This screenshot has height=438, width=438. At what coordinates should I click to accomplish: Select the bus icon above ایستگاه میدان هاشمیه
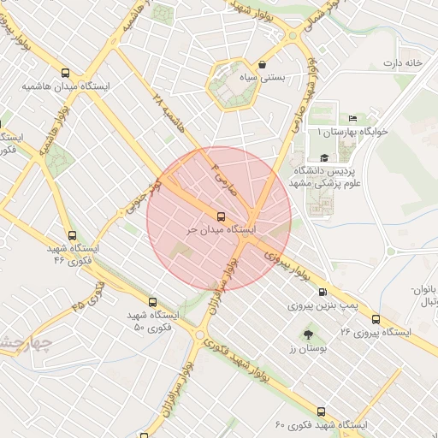point(66,74)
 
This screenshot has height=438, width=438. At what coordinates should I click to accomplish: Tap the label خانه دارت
point(403,63)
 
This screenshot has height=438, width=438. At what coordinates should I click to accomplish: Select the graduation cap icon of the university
point(324,158)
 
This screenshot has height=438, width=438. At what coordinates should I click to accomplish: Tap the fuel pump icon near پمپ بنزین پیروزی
point(346,292)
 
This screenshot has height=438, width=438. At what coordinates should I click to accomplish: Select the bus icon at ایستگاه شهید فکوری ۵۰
point(152,302)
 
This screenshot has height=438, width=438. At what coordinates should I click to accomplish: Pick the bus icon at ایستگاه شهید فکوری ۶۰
point(321,411)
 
